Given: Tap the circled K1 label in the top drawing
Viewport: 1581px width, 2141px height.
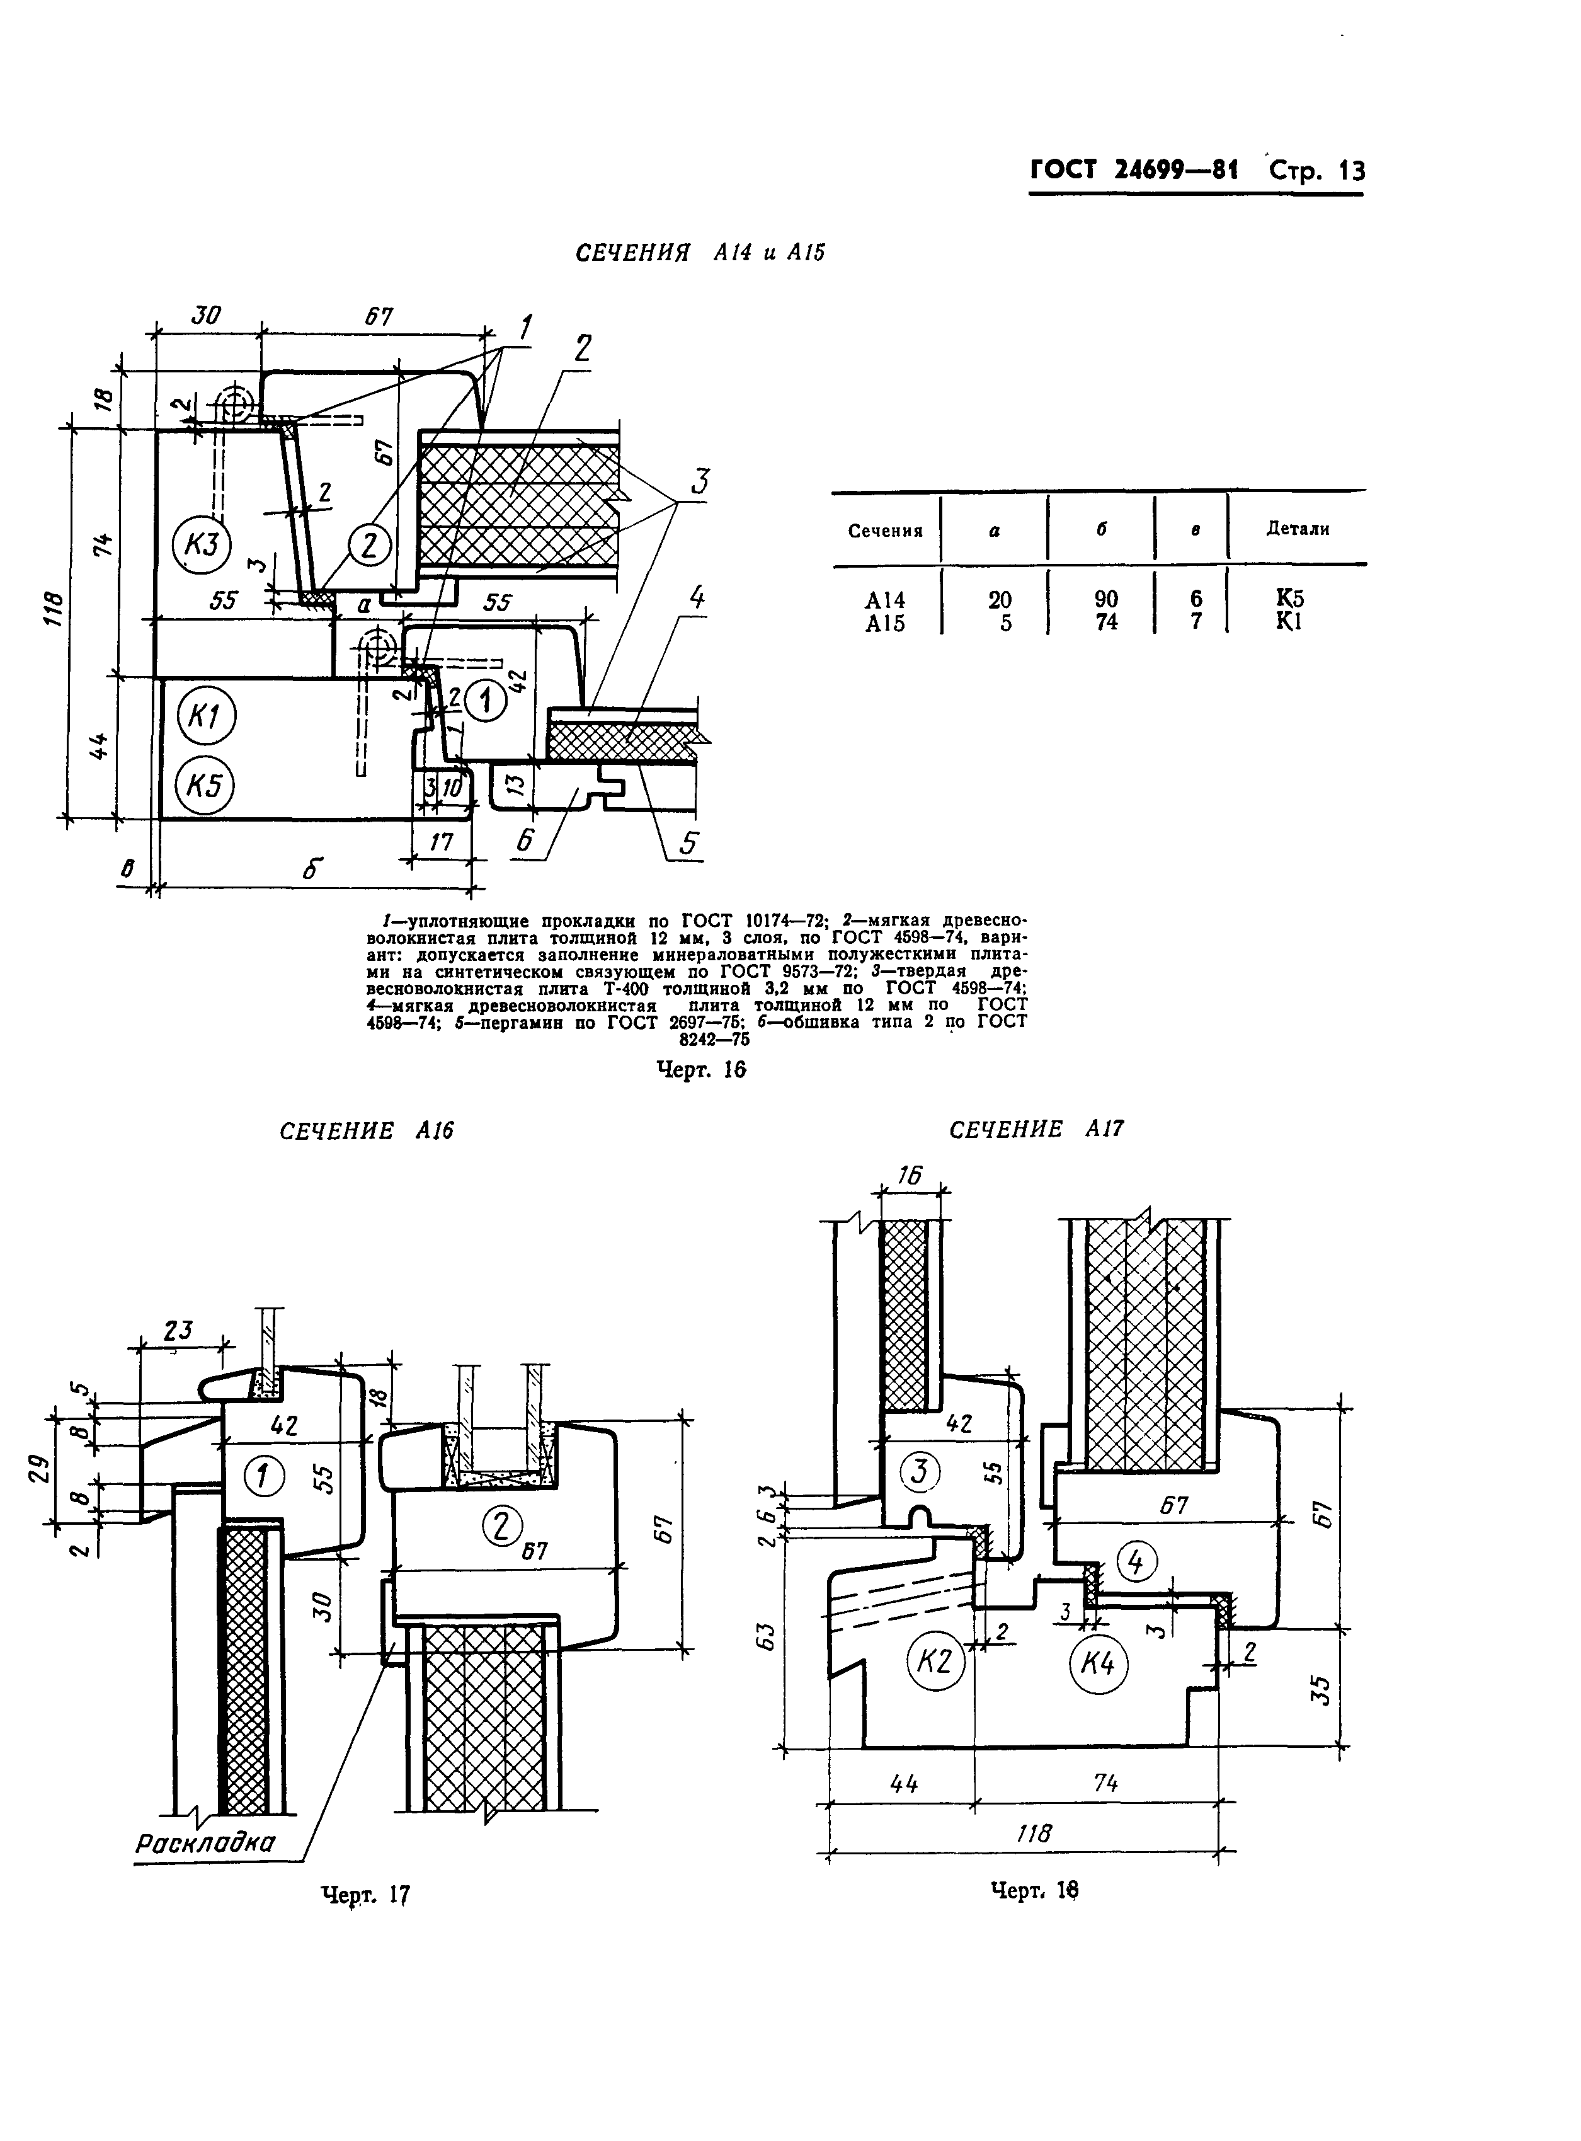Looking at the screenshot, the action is pyautogui.click(x=205, y=718).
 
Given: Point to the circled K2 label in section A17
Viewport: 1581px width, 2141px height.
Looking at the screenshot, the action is pyautogui.click(x=934, y=1663).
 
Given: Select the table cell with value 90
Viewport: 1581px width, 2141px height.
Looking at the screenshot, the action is pyautogui.click(x=1105, y=599).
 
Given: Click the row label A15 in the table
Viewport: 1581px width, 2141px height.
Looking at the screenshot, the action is pyautogui.click(x=884, y=623).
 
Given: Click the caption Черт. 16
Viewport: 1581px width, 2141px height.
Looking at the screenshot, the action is pyautogui.click(x=700, y=1069).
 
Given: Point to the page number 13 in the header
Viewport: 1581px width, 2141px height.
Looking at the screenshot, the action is pyautogui.click(x=1352, y=170).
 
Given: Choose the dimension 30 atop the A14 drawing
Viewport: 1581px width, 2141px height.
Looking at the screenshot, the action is pyautogui.click(x=204, y=315).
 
